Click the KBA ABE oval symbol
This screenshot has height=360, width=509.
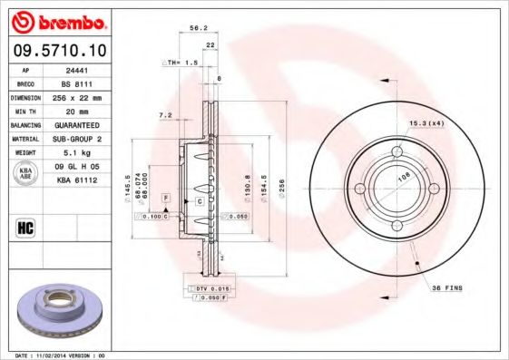(26, 173)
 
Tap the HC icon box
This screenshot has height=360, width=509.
(26, 226)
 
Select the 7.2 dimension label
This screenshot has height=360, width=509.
(164, 115)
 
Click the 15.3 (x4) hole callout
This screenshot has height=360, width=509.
(426, 122)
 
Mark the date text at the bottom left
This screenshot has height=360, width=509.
(54, 355)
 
